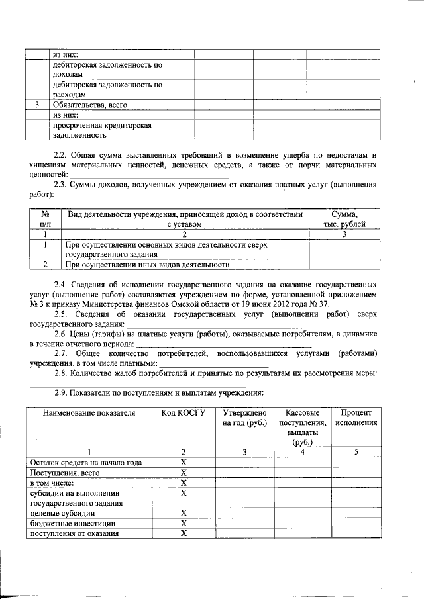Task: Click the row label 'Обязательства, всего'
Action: (x=89, y=105)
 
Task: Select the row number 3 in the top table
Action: (x=37, y=105)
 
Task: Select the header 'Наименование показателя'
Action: (x=89, y=413)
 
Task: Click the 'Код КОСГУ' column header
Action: (x=184, y=413)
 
